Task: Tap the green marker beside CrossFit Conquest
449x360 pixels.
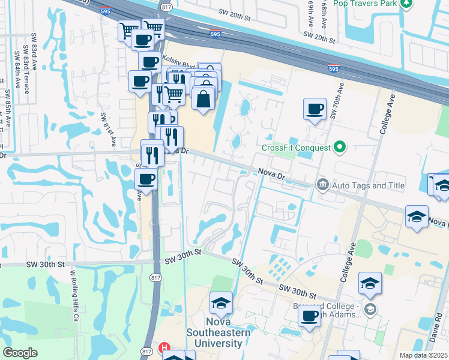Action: [x=340, y=146]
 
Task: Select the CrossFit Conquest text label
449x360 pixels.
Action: [x=296, y=148]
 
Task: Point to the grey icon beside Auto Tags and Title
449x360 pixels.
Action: [x=322, y=185]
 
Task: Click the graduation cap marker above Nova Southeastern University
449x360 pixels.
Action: [x=221, y=304]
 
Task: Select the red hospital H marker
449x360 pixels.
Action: [x=163, y=348]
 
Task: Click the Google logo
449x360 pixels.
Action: [x=20, y=353]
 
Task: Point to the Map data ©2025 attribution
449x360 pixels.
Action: [x=423, y=355]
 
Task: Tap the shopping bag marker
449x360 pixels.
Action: [x=203, y=98]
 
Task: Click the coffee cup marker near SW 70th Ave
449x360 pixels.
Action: [x=315, y=110]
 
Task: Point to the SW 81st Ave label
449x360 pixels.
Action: [x=108, y=129]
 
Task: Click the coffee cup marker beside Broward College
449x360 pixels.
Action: [x=310, y=316]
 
